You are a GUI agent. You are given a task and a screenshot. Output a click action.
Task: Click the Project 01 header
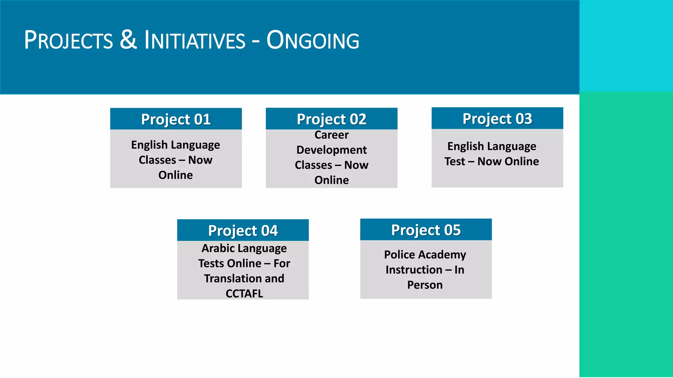[176, 119]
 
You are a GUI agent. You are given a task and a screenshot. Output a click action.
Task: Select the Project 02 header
[331, 119]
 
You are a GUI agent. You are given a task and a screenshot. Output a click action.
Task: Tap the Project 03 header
[497, 118]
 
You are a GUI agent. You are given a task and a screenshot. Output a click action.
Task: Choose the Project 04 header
[243, 230]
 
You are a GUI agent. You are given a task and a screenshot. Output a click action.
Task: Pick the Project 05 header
[426, 230]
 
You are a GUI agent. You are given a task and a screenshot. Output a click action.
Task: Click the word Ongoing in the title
[313, 40]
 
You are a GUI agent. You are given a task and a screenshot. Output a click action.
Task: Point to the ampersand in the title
[128, 40]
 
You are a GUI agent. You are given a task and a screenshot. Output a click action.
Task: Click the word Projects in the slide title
[68, 40]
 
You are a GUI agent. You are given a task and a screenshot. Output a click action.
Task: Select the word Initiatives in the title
[195, 40]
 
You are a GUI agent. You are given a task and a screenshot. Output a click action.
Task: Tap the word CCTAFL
[244, 293]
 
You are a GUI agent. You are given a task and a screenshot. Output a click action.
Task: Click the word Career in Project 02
[331, 135]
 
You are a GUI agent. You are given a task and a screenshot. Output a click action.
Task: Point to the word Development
[331, 150]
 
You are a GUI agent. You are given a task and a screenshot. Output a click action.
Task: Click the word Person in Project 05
[425, 285]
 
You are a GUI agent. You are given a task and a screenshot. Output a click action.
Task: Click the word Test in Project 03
[455, 161]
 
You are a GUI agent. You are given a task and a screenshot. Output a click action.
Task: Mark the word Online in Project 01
[175, 175]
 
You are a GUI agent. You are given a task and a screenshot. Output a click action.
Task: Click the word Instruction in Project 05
[414, 270]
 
